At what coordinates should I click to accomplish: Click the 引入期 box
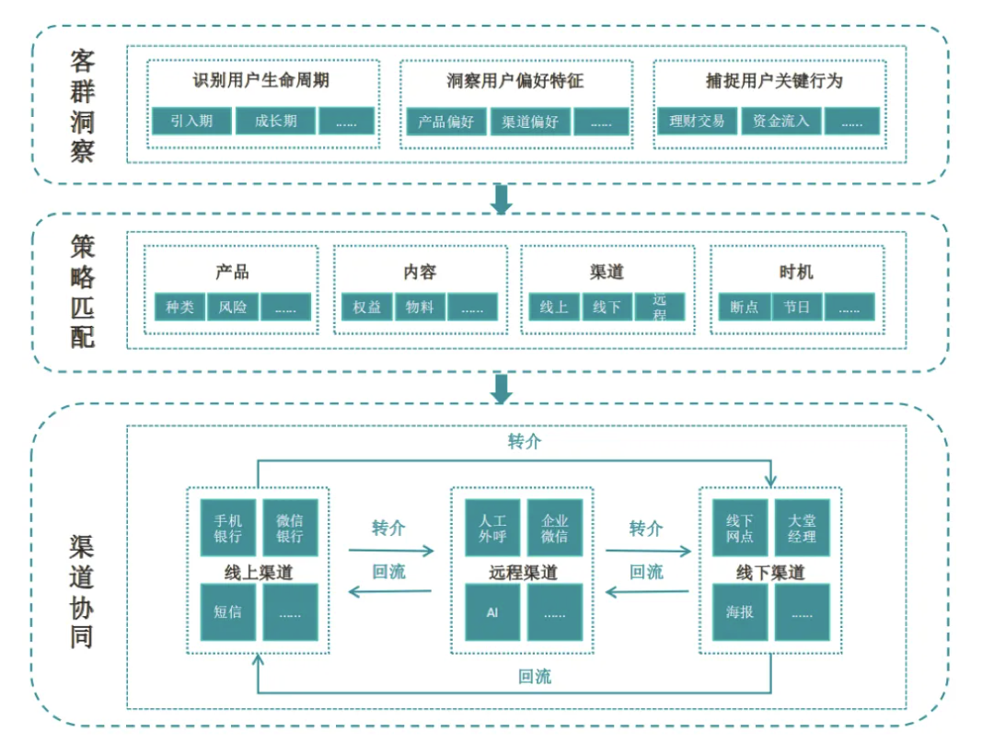(x=191, y=121)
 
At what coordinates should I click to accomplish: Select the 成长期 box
(x=276, y=121)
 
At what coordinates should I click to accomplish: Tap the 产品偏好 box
(x=446, y=121)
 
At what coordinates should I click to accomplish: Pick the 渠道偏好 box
(x=530, y=121)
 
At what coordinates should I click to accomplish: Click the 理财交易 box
(x=698, y=121)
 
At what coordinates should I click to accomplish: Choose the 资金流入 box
(x=780, y=121)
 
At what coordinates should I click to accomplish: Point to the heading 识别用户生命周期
(x=261, y=81)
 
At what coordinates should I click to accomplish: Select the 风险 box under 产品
(x=233, y=307)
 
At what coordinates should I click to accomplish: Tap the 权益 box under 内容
(x=367, y=307)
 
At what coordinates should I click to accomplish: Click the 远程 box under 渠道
(x=659, y=307)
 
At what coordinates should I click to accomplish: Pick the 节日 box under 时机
(x=796, y=307)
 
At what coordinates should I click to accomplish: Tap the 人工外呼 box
(x=492, y=528)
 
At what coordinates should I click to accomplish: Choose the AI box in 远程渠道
(x=492, y=611)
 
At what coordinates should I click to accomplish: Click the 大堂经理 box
(x=802, y=528)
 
